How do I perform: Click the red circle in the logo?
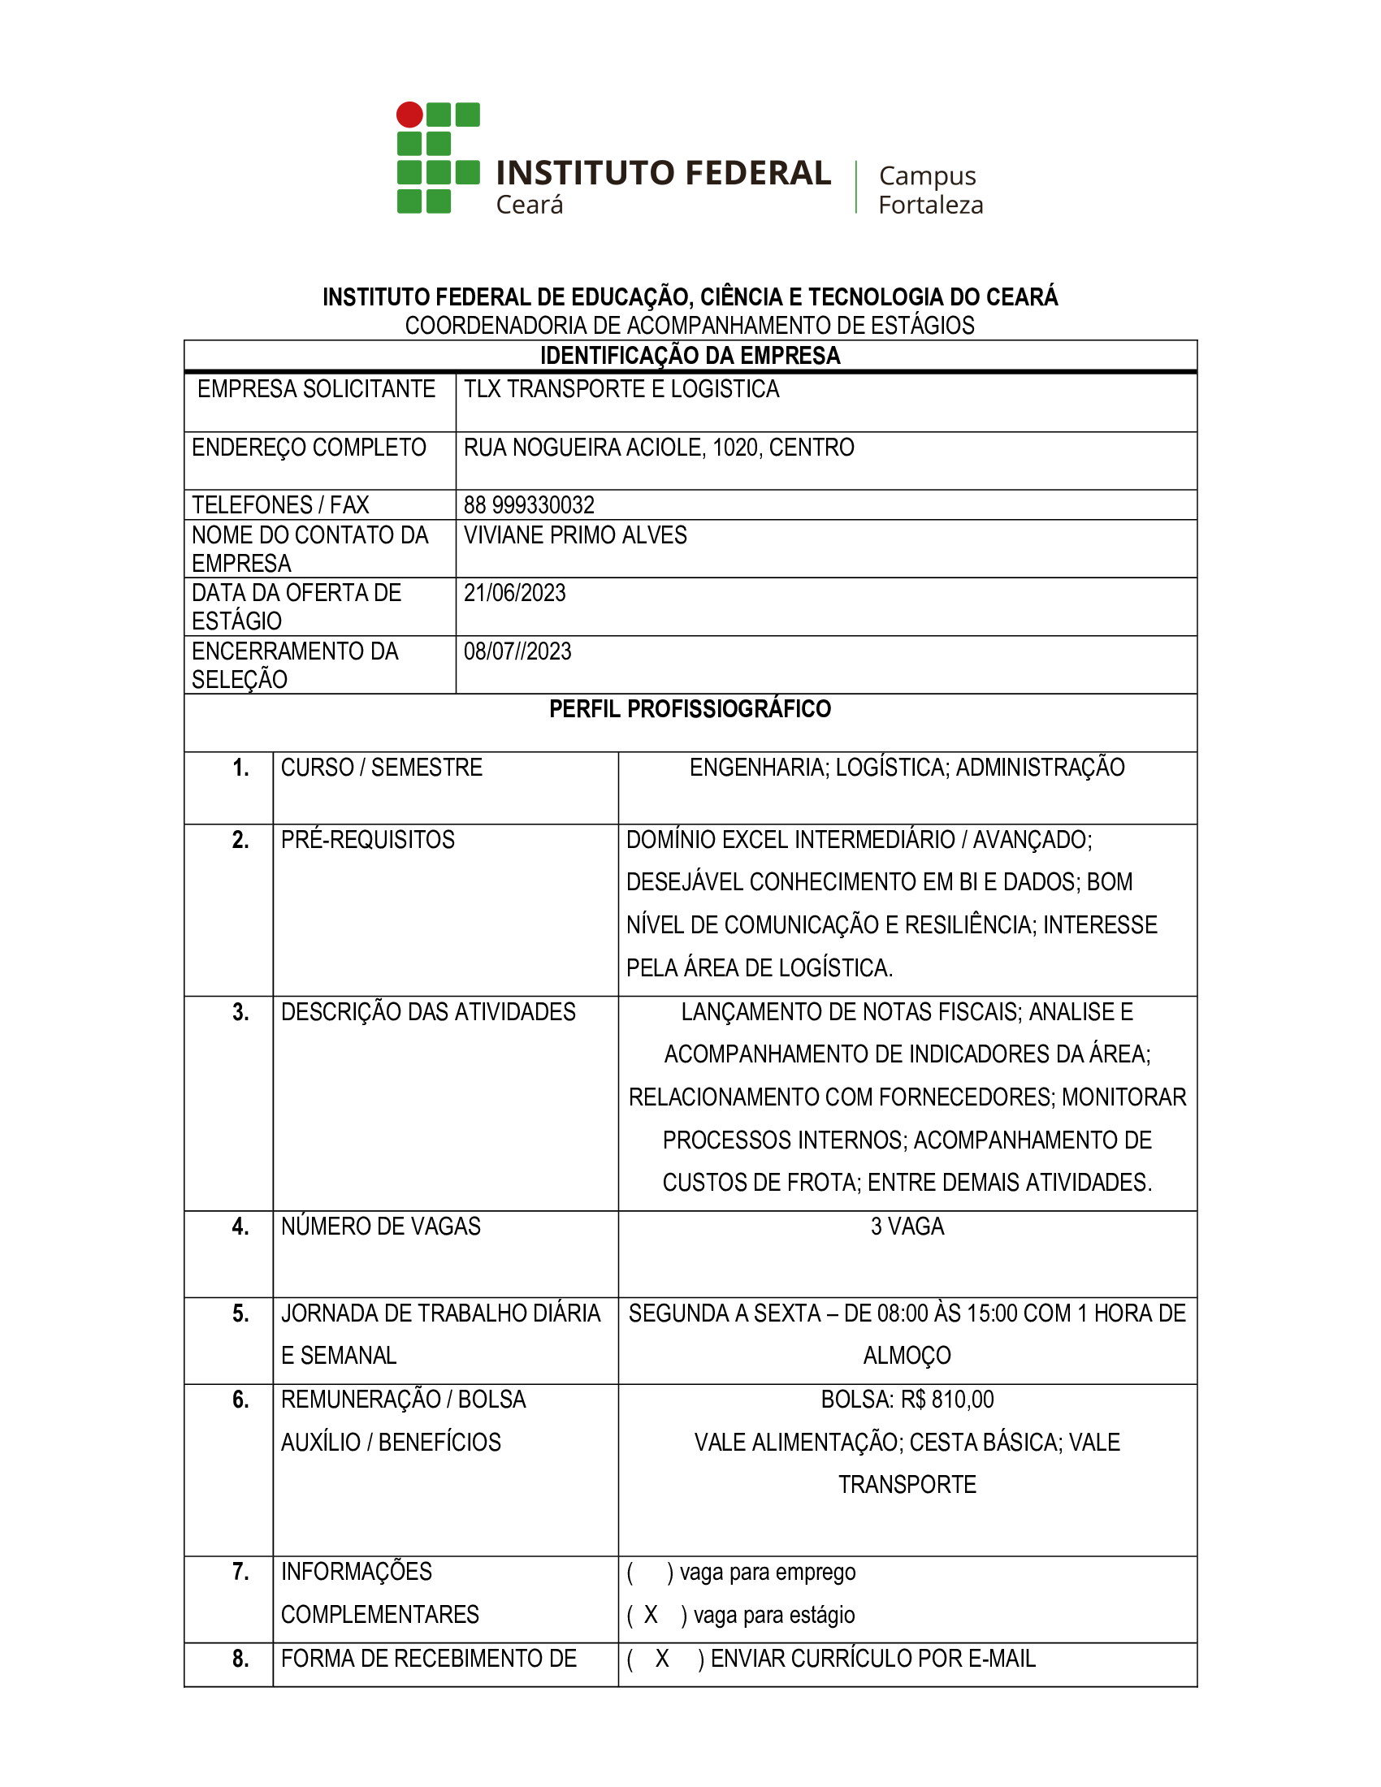point(410,115)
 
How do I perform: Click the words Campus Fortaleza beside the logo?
point(930,190)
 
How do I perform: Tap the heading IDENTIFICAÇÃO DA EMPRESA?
point(690,356)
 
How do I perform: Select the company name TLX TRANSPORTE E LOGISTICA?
point(621,389)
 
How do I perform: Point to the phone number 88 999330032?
point(529,505)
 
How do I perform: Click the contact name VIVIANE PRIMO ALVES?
point(574,535)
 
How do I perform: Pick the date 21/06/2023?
point(514,593)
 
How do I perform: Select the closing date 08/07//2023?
point(517,651)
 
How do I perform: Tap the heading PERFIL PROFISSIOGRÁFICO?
point(690,708)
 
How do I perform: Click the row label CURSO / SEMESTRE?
point(381,768)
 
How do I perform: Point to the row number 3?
point(240,1012)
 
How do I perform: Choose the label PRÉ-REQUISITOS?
point(367,840)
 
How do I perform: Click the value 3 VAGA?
point(907,1227)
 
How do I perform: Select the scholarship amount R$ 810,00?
point(946,1400)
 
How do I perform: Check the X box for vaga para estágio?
point(652,1615)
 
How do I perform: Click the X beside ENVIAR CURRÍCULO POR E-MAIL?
point(662,1659)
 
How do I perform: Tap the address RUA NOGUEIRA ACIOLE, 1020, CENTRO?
point(659,448)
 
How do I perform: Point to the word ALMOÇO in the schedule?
point(907,1356)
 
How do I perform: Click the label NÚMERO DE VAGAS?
point(380,1227)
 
